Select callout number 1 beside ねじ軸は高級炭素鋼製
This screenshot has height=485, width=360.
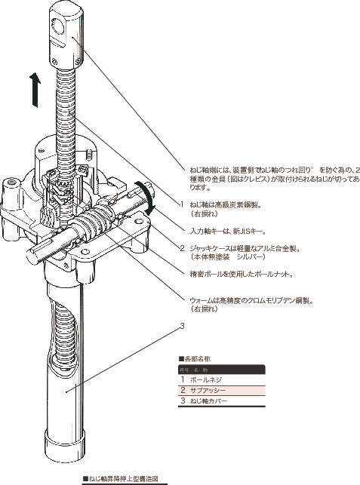point(182,204)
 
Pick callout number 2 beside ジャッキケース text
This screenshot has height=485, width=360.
point(182,247)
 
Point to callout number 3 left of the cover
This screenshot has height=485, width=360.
point(182,327)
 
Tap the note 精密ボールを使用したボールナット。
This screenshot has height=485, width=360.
point(241,274)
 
